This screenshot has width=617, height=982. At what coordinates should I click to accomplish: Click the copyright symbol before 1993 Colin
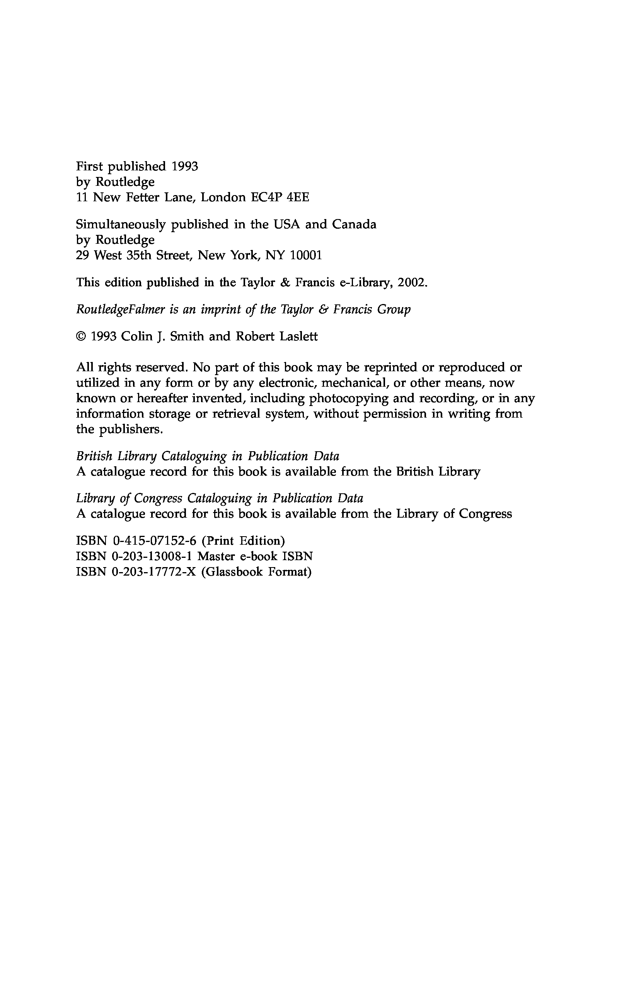click(x=81, y=337)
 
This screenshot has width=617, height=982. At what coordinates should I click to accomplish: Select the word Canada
click(x=354, y=224)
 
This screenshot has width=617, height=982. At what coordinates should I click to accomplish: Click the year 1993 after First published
click(x=185, y=167)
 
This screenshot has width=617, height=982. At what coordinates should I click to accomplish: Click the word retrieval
click(x=236, y=414)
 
